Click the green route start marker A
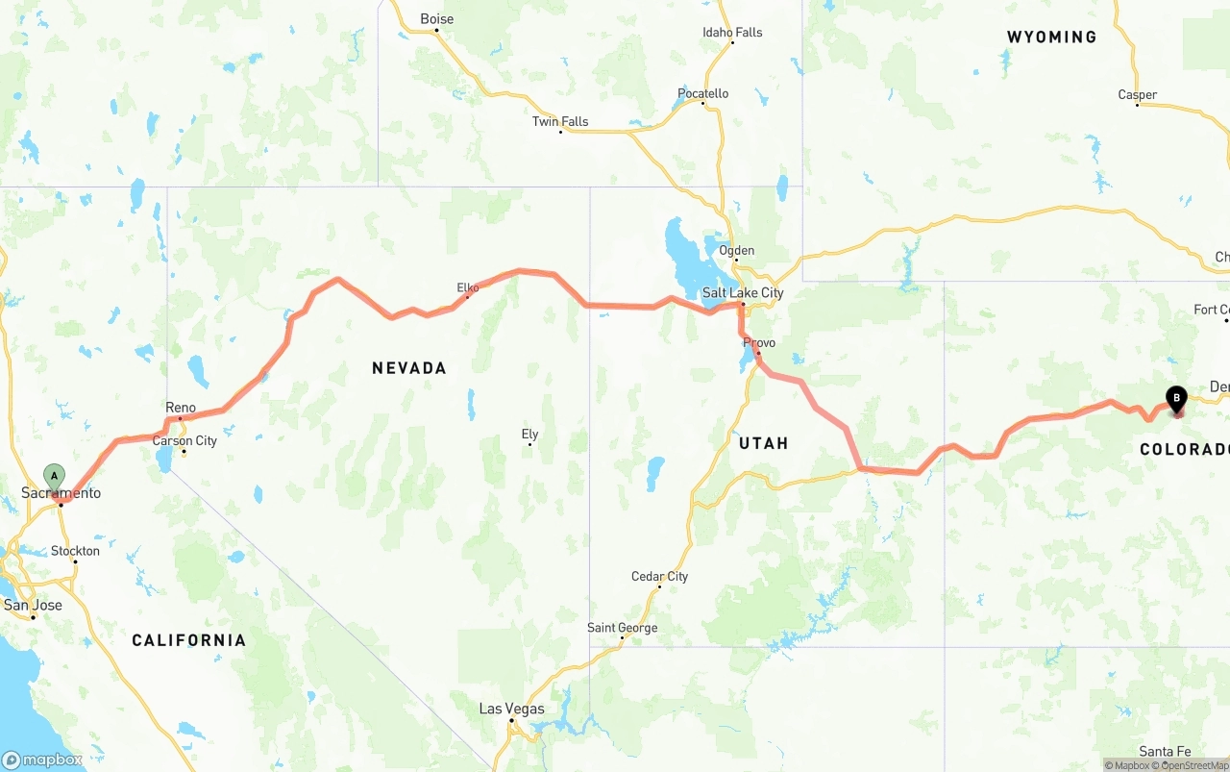55,476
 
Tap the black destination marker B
1176,398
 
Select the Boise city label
436,19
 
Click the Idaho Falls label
732,33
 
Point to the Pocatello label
703,94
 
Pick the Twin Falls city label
560,122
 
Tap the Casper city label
1137,95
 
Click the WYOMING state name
1051,37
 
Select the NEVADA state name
409,368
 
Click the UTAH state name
764,443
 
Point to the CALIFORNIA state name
188,640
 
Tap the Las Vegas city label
511,710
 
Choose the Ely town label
529,435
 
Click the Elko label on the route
468,287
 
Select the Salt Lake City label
743,293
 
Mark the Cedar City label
659,577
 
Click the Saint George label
623,629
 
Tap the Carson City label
184,441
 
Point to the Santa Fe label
1165,752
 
